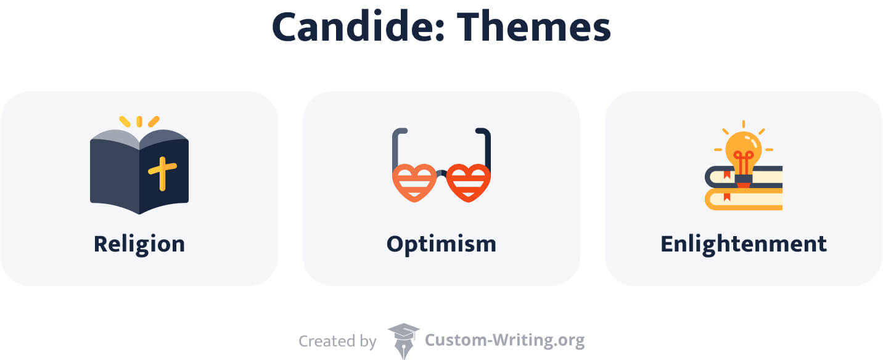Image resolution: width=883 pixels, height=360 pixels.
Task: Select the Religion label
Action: click(x=139, y=244)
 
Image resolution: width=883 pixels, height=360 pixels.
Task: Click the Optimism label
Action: click(x=441, y=244)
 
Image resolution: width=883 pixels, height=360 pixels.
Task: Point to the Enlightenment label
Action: click(x=743, y=244)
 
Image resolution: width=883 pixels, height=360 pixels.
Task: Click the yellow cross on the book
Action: click(x=162, y=173)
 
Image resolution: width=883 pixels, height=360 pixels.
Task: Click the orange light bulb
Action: click(x=743, y=148)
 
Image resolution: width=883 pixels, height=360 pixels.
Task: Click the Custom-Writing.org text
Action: click(x=504, y=340)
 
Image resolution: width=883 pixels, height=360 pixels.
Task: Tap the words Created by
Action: click(x=337, y=340)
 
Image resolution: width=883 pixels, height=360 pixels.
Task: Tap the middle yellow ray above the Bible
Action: click(x=139, y=121)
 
